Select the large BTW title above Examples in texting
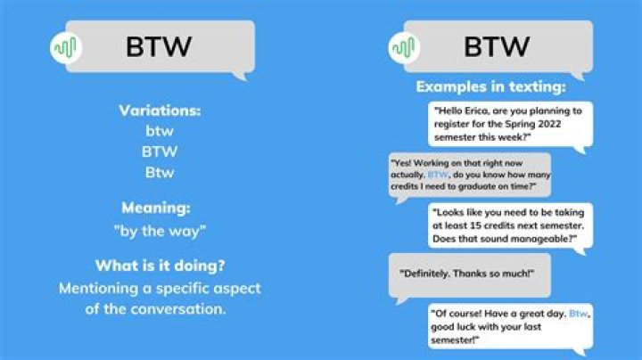pyautogui.click(x=497, y=46)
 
